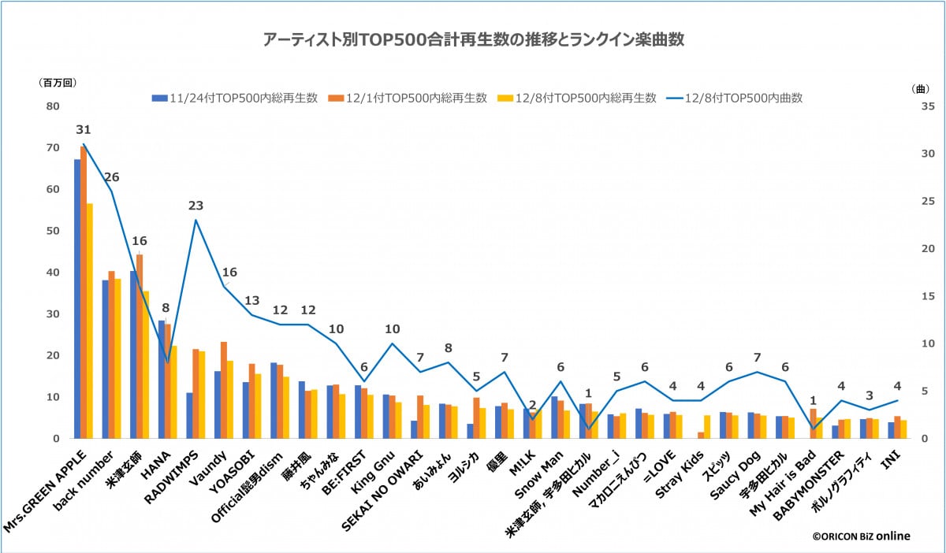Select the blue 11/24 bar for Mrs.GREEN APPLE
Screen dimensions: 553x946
(x=77, y=299)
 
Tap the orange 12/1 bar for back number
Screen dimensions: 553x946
(x=111, y=354)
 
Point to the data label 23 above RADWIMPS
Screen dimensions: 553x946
(x=196, y=206)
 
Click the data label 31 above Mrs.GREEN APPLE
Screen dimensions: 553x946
(x=84, y=130)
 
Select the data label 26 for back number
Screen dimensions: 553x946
(x=112, y=176)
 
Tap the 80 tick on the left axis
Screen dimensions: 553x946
(x=53, y=106)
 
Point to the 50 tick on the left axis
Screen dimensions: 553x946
(x=53, y=231)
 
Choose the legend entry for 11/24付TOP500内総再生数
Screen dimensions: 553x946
(x=235, y=98)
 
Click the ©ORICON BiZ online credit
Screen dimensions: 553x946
(x=861, y=536)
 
